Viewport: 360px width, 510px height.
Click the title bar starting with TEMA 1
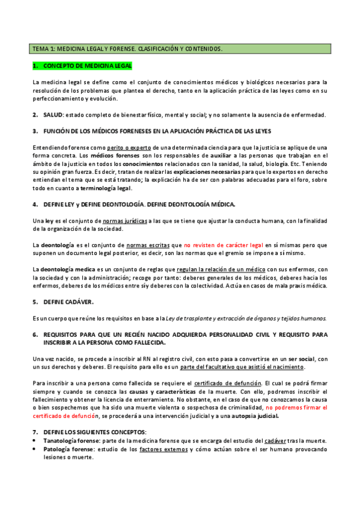click(x=127, y=48)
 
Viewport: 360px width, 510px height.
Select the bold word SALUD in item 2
click(x=53, y=114)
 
